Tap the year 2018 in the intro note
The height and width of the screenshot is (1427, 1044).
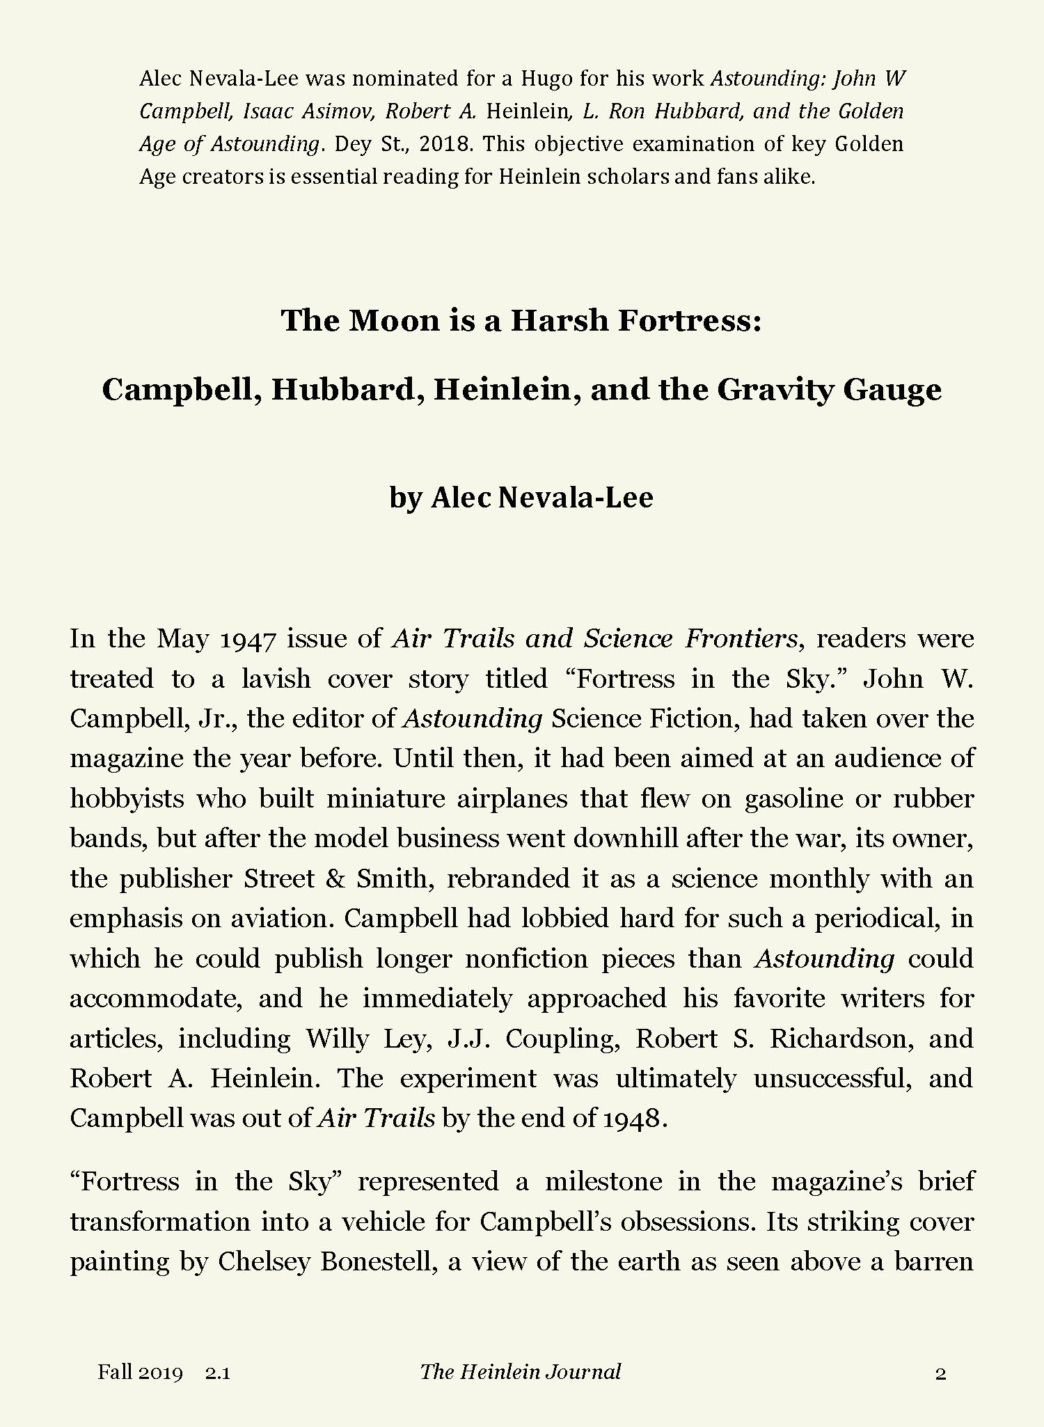click(446, 144)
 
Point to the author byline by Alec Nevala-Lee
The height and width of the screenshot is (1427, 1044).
click(521, 497)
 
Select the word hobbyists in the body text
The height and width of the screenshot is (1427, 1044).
click(127, 798)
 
